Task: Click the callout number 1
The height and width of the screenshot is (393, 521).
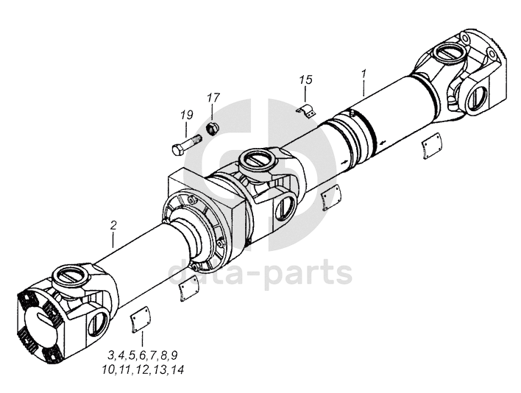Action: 363,75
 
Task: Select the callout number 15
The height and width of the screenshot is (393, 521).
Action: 305,79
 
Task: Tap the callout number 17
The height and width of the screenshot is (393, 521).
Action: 213,98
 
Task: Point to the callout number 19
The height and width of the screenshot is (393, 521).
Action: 186,115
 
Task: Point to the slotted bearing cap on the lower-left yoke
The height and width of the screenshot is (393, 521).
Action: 70,275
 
